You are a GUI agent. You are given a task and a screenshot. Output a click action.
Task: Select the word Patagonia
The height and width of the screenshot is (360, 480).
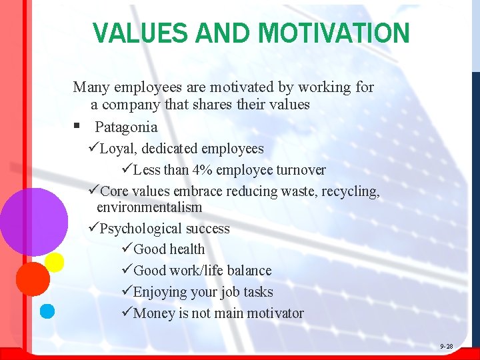[126, 127]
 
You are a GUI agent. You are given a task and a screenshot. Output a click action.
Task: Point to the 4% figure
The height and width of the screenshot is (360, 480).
[202, 169]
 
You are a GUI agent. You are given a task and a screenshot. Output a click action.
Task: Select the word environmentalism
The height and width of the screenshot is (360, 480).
[149, 207]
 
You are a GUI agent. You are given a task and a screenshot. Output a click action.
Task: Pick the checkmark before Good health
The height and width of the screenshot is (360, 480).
[127, 249]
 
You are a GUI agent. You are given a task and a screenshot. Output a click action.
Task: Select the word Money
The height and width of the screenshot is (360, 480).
[154, 313]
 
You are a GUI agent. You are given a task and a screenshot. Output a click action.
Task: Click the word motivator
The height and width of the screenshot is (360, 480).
[274, 313]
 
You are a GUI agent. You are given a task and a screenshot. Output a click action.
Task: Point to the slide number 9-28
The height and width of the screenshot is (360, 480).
[446, 347]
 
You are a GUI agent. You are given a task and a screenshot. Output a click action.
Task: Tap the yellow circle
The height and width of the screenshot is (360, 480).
[54, 262]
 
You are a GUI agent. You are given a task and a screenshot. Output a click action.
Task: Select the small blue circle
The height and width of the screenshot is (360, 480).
[47, 310]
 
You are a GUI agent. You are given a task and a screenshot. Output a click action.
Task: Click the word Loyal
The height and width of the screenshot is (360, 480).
[115, 149]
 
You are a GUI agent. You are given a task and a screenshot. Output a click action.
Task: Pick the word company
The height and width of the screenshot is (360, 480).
[130, 105]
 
